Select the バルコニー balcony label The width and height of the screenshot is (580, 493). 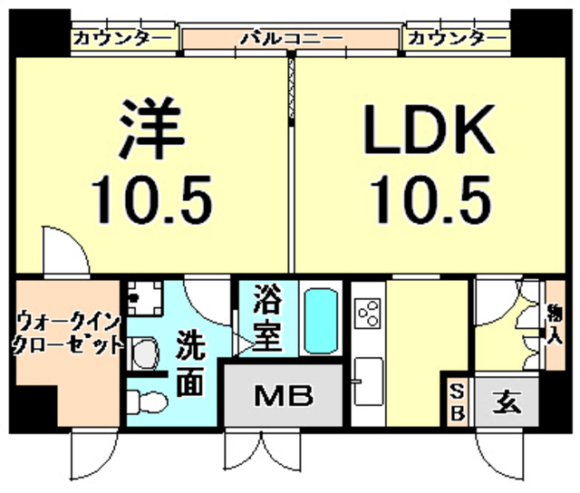pos(290,39)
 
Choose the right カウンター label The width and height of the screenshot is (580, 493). pos(456,39)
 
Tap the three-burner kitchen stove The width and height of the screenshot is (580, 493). pos(368,315)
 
